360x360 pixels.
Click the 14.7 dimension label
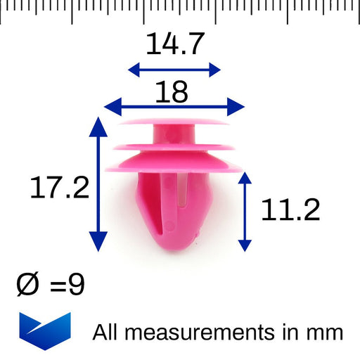click(x=175, y=44)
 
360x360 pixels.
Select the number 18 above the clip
click(x=172, y=92)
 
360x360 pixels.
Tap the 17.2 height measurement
click(x=60, y=188)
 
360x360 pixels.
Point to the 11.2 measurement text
click(x=290, y=210)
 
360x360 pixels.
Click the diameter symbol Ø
click(x=27, y=285)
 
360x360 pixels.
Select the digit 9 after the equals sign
click(x=77, y=285)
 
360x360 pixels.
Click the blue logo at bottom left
click(x=45, y=331)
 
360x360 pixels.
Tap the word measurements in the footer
click(x=200, y=333)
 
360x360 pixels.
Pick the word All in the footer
click(x=105, y=332)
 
